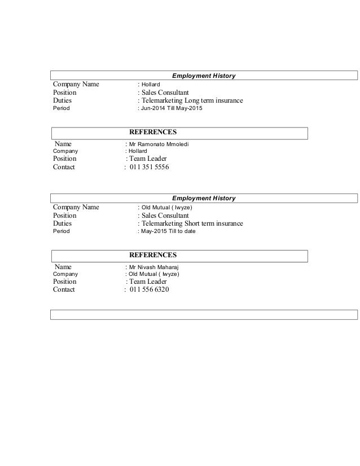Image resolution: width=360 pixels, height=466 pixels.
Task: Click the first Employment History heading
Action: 204,76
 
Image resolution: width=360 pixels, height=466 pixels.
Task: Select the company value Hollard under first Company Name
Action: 151,85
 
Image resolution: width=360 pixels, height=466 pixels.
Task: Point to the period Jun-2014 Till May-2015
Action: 171,108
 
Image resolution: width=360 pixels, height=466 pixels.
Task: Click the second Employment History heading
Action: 204,198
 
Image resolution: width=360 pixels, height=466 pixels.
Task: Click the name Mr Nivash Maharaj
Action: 153,267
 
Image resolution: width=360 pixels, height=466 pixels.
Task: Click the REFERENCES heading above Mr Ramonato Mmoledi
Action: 153,132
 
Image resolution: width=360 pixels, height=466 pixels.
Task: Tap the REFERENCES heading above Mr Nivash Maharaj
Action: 153,255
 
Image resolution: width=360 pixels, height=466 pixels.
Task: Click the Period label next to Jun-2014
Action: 61,108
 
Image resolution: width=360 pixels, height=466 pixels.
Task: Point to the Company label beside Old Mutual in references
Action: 65,274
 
